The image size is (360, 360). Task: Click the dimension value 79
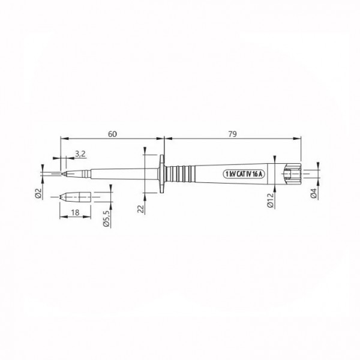[232, 133]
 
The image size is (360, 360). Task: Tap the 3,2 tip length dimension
[79, 154]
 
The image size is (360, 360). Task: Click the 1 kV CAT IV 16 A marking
[246, 173]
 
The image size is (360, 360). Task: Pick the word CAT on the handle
[239, 173]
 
